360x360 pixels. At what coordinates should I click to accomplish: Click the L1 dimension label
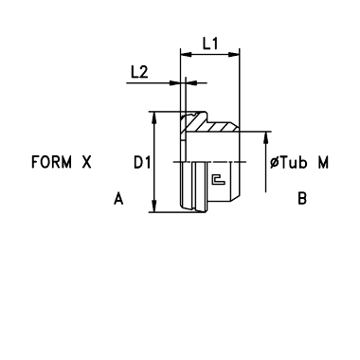pyautogui.click(x=210, y=44)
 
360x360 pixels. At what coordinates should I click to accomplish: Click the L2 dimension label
pyautogui.click(x=139, y=72)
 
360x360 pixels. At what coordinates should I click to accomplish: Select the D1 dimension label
pyautogui.click(x=141, y=163)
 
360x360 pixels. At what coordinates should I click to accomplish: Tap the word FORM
pyautogui.click(x=51, y=162)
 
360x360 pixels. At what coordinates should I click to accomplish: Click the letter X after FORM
pyautogui.click(x=87, y=162)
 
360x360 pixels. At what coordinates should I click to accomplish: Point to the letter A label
pyautogui.click(x=118, y=199)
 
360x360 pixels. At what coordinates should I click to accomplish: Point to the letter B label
pyautogui.click(x=302, y=199)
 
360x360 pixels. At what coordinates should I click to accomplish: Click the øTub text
pyautogui.click(x=289, y=163)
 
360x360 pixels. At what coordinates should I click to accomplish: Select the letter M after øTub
pyautogui.click(x=323, y=163)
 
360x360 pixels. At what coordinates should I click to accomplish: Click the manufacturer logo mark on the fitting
pyautogui.click(x=218, y=179)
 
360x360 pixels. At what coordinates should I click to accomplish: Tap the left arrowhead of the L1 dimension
pyautogui.click(x=186, y=55)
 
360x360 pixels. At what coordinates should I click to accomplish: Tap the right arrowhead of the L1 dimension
pyautogui.click(x=234, y=55)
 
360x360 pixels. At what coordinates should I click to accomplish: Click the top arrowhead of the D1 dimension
pyautogui.click(x=154, y=117)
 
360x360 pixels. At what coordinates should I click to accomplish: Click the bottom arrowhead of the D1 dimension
pyautogui.click(x=154, y=207)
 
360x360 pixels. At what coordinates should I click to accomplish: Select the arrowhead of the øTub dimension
pyautogui.click(x=266, y=137)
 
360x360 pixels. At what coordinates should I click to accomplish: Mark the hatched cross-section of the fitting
pyautogui.click(x=207, y=124)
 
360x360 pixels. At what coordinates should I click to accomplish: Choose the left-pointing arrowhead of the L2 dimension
pyautogui.click(x=191, y=83)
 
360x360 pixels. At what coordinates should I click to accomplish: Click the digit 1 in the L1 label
pyautogui.click(x=215, y=44)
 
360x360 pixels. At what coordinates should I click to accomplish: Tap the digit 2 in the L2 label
pyautogui.click(x=144, y=72)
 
